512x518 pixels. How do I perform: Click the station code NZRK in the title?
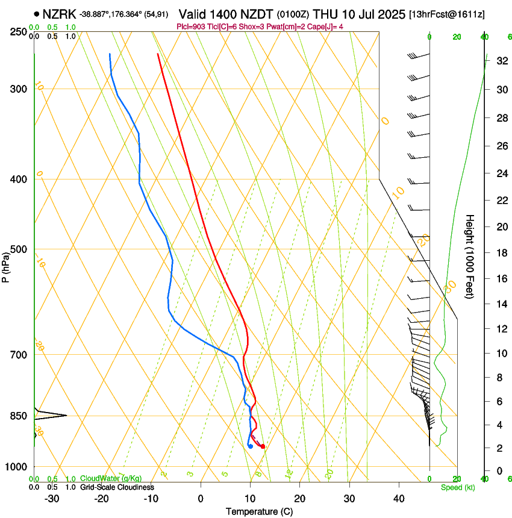pos(60,13)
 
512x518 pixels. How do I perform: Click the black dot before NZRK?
pos(37,14)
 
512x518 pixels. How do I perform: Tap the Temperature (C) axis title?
pos(259,511)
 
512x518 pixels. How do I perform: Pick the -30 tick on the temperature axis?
pos(52,498)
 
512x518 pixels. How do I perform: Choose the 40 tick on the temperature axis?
pos(398,498)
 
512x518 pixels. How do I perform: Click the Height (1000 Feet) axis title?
pos(470,256)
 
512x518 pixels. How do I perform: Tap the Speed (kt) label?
pos(457,487)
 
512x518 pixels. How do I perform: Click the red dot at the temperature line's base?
pos(263,446)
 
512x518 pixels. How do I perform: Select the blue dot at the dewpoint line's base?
pos(250,446)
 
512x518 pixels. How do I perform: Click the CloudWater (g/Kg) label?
pos(106,478)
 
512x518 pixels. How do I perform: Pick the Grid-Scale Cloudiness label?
pos(117,487)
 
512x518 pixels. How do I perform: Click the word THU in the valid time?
pos(334,13)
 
